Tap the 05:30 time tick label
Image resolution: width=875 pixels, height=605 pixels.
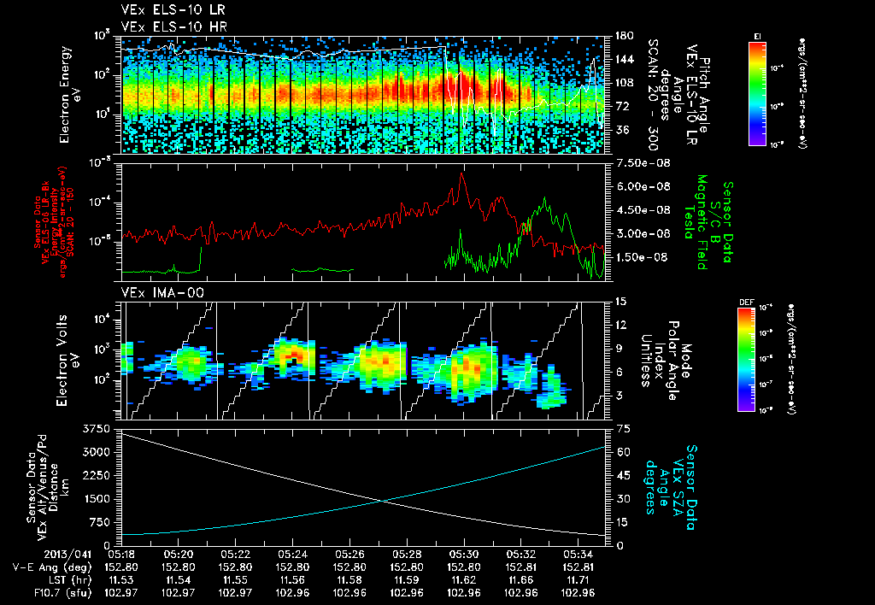tap(463, 553)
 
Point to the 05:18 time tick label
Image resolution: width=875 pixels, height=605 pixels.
tap(121, 553)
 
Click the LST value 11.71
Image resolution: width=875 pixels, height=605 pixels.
tap(577, 579)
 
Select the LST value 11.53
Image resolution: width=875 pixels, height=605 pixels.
tap(121, 579)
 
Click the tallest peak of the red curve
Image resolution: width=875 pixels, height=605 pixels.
tap(462, 173)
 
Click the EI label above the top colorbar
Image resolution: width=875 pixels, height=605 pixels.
tap(757, 35)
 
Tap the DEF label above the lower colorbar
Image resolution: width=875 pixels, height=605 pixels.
tap(744, 302)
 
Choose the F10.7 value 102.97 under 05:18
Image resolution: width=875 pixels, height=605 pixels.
tap(121, 592)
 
